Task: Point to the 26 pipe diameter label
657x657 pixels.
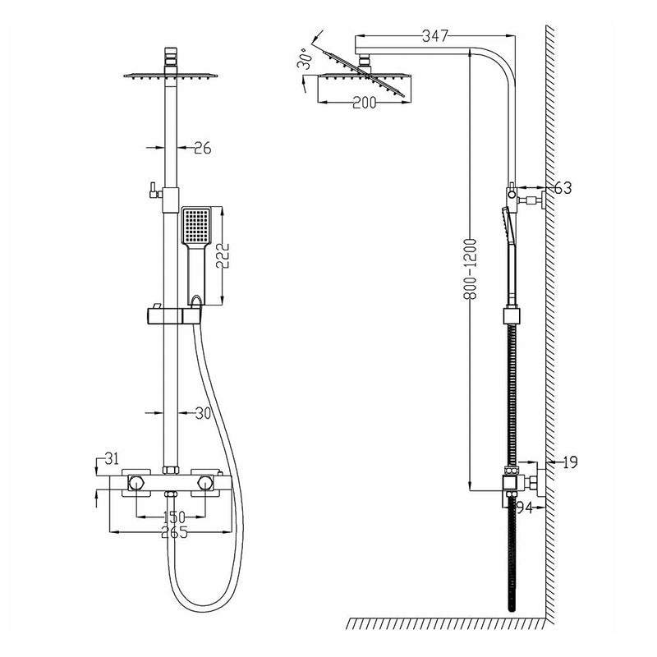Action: pos(202,148)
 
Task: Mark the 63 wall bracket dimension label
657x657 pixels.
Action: pos(563,188)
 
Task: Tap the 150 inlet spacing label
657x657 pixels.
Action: pos(173,517)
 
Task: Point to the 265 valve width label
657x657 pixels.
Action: pos(173,532)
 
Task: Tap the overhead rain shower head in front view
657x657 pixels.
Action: pos(172,75)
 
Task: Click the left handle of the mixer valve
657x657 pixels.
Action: pos(136,483)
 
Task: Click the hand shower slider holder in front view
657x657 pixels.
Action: pos(172,314)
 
